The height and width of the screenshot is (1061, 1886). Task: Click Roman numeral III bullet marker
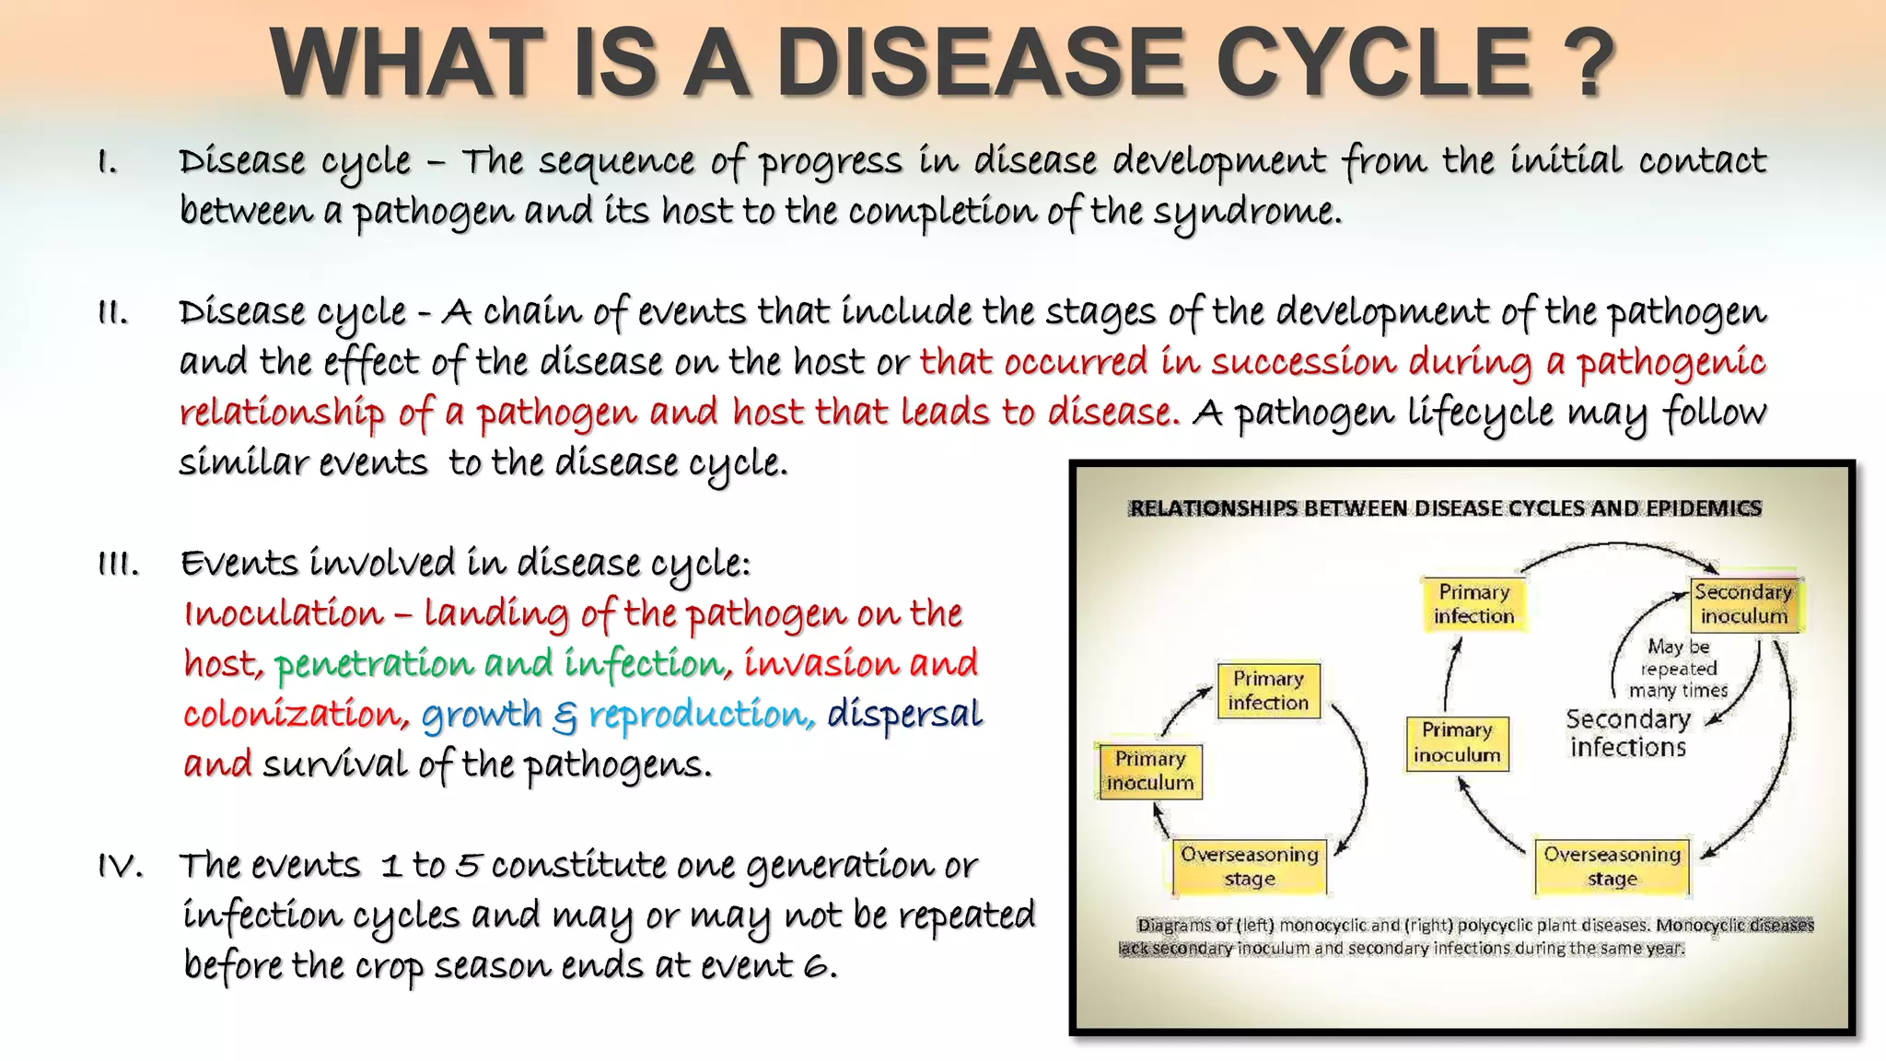pyautogui.click(x=118, y=565)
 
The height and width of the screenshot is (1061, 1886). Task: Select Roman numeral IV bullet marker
pyautogui.click(x=120, y=867)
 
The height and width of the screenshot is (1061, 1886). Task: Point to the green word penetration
pyautogui.click(x=372, y=664)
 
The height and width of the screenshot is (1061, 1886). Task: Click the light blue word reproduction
pyautogui.click(x=701, y=715)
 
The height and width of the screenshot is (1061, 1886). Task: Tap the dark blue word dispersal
pyautogui.click(x=904, y=715)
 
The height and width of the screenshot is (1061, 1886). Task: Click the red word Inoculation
pyautogui.click(x=284, y=614)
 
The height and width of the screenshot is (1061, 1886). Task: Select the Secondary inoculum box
pyautogui.click(x=1743, y=604)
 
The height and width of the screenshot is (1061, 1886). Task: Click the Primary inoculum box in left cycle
pyautogui.click(x=1149, y=771)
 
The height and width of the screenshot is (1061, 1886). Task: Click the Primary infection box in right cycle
pyautogui.click(x=1473, y=604)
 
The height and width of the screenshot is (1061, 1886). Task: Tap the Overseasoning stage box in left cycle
pyautogui.click(x=1249, y=866)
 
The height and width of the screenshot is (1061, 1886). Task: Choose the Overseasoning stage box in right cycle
pyautogui.click(x=1612, y=866)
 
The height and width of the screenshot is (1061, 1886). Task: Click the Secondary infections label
pyautogui.click(x=1628, y=733)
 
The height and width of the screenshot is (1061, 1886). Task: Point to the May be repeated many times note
pyautogui.click(x=1678, y=669)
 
